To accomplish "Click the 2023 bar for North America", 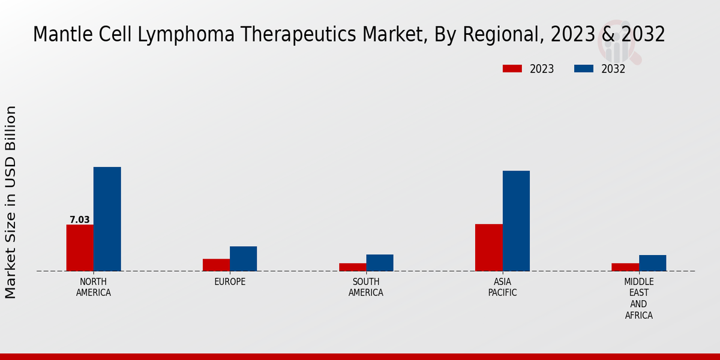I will pos(80,248).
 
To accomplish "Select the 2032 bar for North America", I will pos(107,219).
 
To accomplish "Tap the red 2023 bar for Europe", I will pos(216,265).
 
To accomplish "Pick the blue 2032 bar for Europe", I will pos(243,259).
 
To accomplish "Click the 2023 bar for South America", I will pos(352,267).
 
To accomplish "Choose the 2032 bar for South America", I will pos(380,263).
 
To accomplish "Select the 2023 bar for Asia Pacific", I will pos(488,247).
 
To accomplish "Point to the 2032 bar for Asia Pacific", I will pos(516,221).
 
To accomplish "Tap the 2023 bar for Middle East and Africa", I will pos(625,267).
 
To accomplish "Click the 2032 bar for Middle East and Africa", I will pos(652,263).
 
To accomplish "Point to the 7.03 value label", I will pos(79,220).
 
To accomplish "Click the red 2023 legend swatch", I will pos(512,68).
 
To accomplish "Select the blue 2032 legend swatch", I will pos(584,68).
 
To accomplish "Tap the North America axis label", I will pos(94,287).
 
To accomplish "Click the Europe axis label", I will pos(230,281).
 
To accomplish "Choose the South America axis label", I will pos(366,287).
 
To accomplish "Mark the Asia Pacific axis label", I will pos(502,287).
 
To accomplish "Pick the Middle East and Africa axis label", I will pos(638,298).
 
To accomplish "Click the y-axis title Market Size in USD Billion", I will pos(11,202).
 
